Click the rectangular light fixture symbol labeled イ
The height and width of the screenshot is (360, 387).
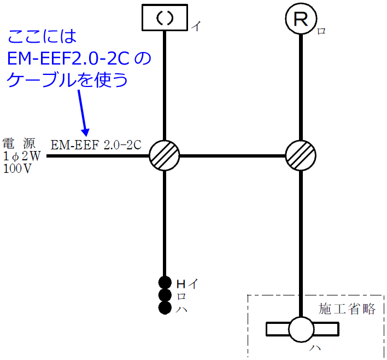coord(165,18)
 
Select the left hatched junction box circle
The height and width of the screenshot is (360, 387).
coord(165,156)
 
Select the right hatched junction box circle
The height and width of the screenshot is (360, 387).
coord(301,156)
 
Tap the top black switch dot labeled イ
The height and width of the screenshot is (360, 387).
coord(165,283)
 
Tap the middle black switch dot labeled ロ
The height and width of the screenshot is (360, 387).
coord(165,295)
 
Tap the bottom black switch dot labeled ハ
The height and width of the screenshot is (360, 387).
coord(165,308)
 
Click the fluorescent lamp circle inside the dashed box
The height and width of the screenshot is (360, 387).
coord(302,329)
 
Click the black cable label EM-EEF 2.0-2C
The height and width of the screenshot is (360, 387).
coord(96,146)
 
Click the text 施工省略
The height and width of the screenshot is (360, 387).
coord(347,309)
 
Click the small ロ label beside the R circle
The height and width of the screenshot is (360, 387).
coord(321,31)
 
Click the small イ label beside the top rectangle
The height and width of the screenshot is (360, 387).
coord(195,26)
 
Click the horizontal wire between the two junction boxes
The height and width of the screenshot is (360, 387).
coord(233,156)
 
